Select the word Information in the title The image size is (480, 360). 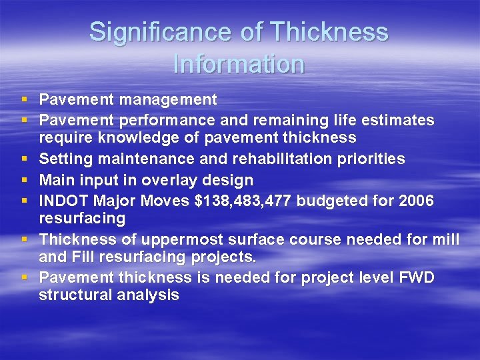coord(239,64)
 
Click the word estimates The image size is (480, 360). coord(399,120)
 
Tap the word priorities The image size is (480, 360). coord(370,159)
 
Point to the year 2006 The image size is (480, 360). coord(415,200)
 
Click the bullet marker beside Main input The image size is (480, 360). coord(25,180)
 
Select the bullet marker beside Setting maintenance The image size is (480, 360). coord(25,159)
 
